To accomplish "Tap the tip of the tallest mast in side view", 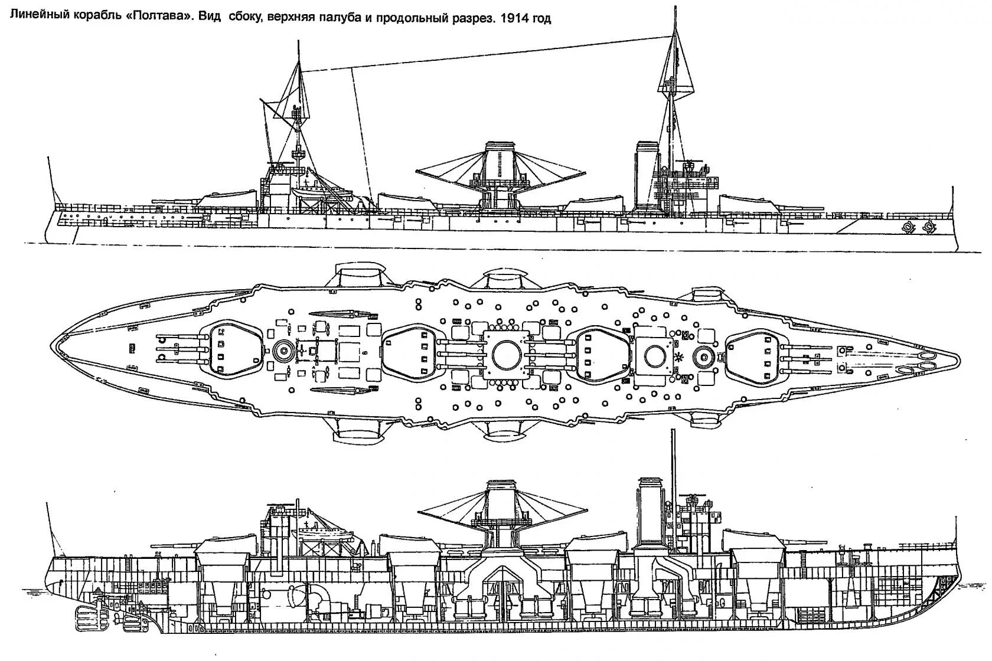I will tap(674, 7).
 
